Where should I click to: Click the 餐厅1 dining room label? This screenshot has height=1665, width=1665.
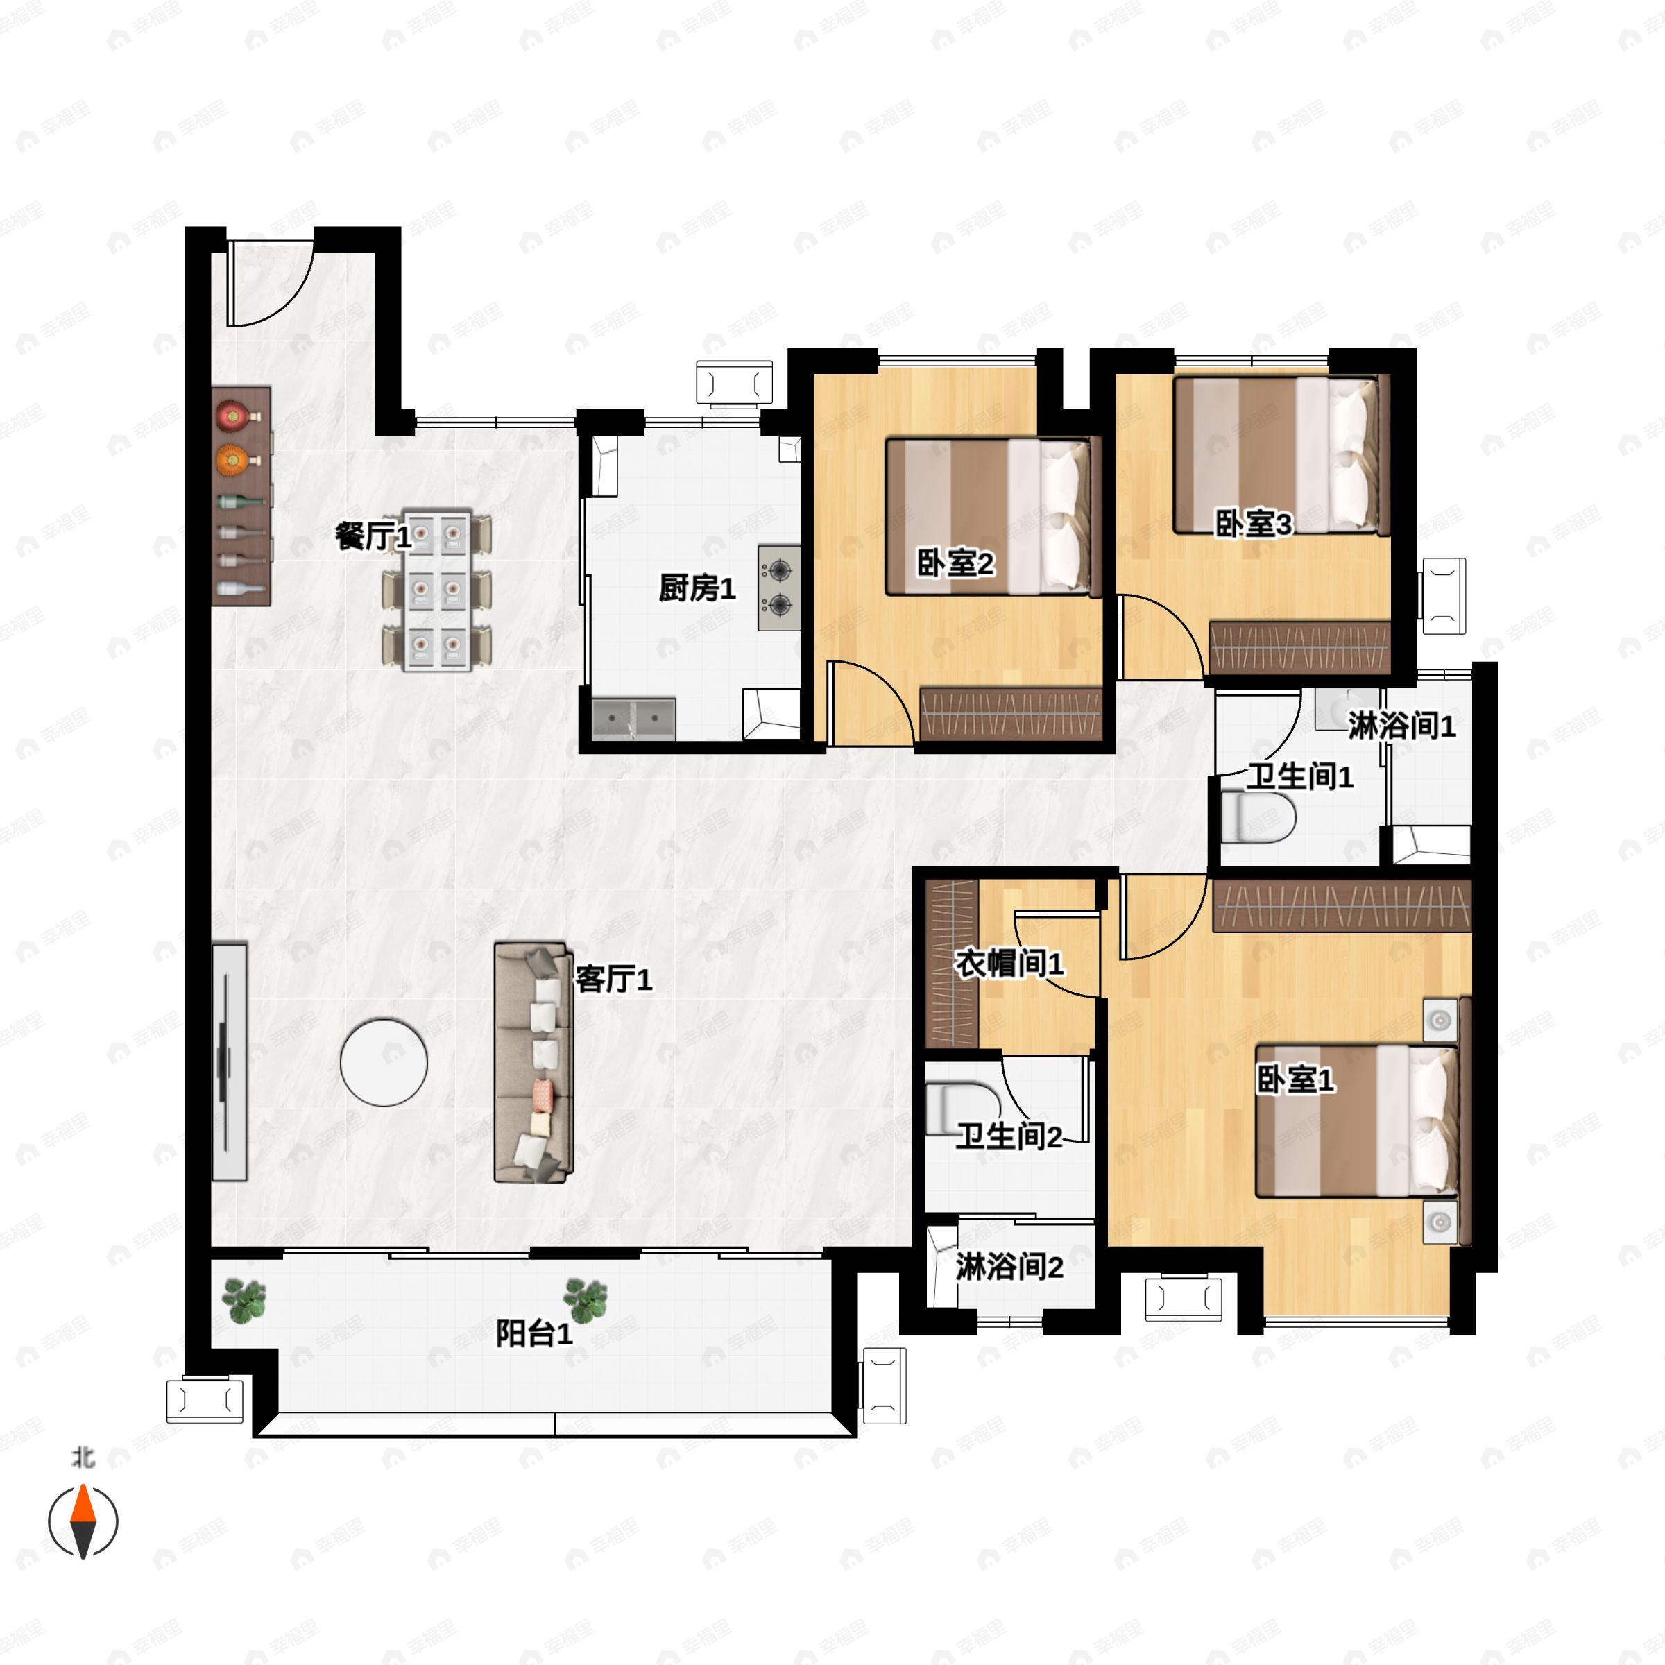point(373,537)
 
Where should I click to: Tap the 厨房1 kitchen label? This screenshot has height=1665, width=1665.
point(697,588)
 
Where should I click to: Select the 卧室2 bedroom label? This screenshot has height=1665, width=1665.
point(955,563)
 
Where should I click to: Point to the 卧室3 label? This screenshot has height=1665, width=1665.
point(1254,523)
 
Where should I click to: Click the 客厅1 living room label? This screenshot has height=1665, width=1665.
point(613,979)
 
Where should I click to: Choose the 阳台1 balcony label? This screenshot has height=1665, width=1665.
point(534,1333)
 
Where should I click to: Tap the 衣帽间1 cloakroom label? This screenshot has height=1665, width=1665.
point(1009,963)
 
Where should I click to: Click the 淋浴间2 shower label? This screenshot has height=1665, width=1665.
point(1009,1267)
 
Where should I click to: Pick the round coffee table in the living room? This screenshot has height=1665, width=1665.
point(384,1063)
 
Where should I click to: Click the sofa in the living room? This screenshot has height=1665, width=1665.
point(533,1061)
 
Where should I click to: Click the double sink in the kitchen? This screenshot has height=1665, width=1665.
point(633,719)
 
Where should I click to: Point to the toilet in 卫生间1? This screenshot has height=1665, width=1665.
point(1259,817)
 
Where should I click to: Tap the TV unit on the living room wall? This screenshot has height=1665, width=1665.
point(229,1061)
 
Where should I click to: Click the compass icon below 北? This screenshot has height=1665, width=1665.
point(83,1521)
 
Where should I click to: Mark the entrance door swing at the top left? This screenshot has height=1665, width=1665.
point(269,284)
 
